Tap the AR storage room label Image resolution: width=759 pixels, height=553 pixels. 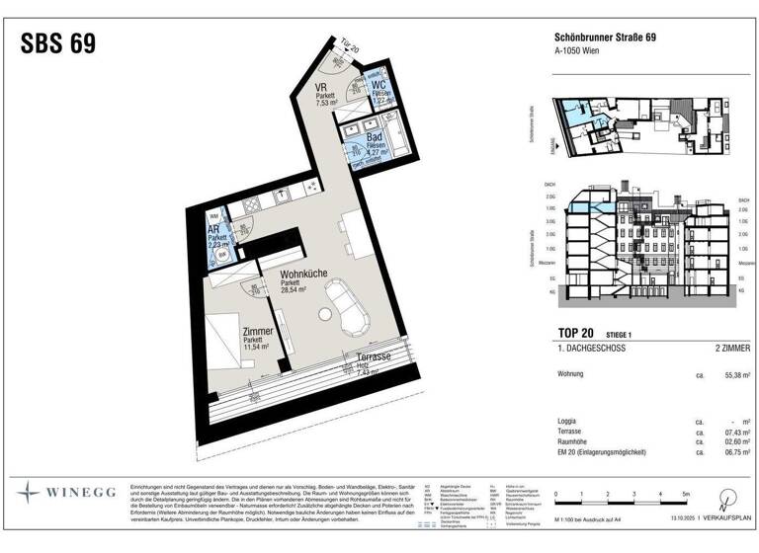pos(213,232)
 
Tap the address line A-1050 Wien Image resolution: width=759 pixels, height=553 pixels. pos(575,55)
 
